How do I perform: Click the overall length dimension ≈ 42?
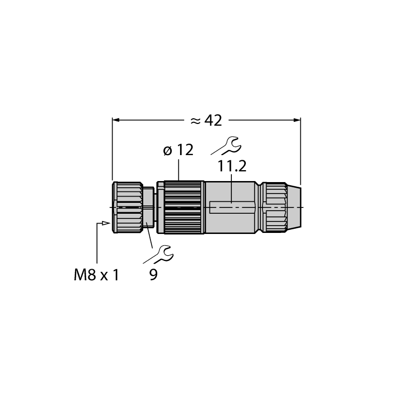pyautogui.click(x=206, y=121)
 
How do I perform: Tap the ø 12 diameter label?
pyautogui.click(x=178, y=150)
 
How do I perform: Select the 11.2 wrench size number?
pyautogui.click(x=232, y=166)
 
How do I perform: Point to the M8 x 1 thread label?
pyautogui.click(x=96, y=275)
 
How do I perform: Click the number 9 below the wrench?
pyautogui.click(x=154, y=275)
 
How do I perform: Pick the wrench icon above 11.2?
pyautogui.click(x=226, y=146)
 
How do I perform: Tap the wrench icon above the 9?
pyautogui.click(x=159, y=255)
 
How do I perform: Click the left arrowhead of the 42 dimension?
pyautogui.click(x=116, y=120)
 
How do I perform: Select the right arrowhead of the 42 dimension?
pyautogui.click(x=297, y=120)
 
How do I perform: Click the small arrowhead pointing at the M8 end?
pyautogui.click(x=106, y=224)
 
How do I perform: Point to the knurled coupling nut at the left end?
pyautogui.click(x=128, y=208)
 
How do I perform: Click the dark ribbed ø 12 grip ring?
pyautogui.click(x=184, y=208)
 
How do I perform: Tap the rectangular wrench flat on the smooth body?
pyautogui.click(x=232, y=208)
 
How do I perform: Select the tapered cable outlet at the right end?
pyautogui.click(x=294, y=208)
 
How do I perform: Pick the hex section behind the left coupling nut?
pyautogui.click(x=148, y=208)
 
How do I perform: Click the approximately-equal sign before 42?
pyautogui.click(x=196, y=121)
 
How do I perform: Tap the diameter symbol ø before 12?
pyautogui.click(x=168, y=150)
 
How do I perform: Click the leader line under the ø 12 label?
pyautogui.click(x=178, y=170)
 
